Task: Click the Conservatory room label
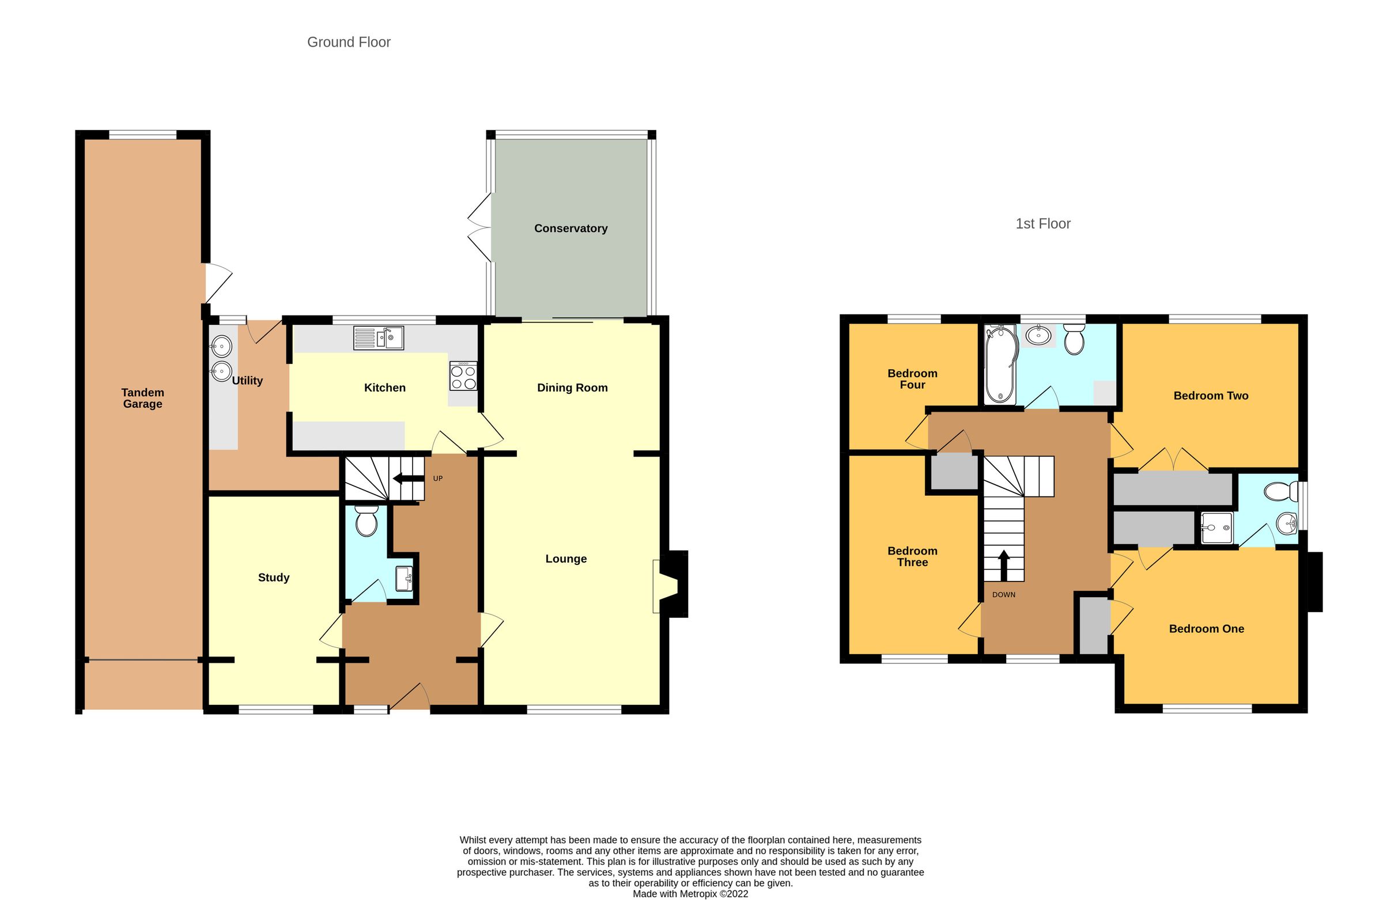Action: [x=570, y=228]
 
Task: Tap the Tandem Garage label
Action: [x=142, y=398]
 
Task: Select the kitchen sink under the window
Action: [x=378, y=338]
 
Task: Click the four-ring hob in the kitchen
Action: [x=463, y=376]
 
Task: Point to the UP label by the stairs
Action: [x=437, y=479]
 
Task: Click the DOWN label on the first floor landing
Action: [x=1004, y=595]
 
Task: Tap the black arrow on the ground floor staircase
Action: [x=408, y=479]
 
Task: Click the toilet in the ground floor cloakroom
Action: [x=366, y=521]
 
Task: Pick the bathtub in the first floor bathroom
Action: [x=1000, y=364]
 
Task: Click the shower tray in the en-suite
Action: [x=1217, y=527]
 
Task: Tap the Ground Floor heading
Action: [x=349, y=42]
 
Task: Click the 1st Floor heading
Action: [x=1042, y=223]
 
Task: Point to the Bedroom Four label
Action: [x=912, y=379]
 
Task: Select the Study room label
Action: [x=273, y=577]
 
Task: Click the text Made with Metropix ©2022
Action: [x=690, y=894]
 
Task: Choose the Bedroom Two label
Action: [x=1211, y=396]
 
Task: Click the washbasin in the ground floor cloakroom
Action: [x=404, y=579]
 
